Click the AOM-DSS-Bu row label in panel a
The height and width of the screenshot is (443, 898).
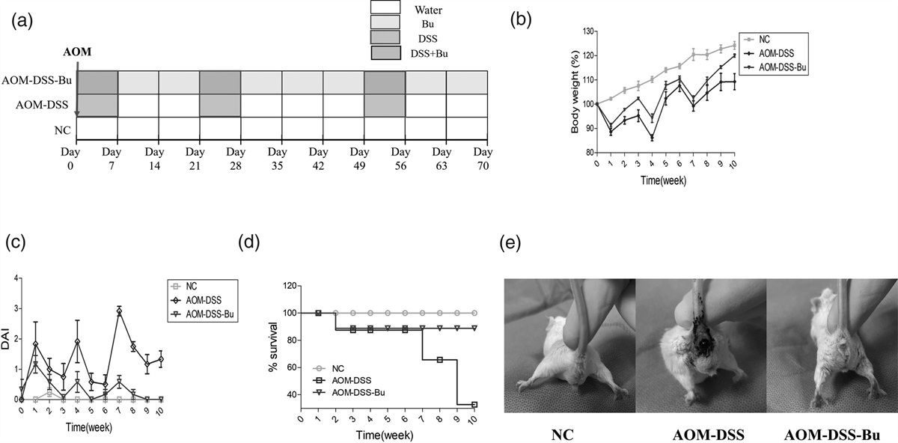[37, 82]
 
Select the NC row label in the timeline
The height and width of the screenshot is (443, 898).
[63, 129]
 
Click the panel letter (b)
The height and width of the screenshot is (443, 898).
[522, 19]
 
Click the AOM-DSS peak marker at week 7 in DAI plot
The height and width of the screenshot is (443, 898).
[119, 311]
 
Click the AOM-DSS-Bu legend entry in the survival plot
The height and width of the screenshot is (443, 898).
[353, 392]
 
